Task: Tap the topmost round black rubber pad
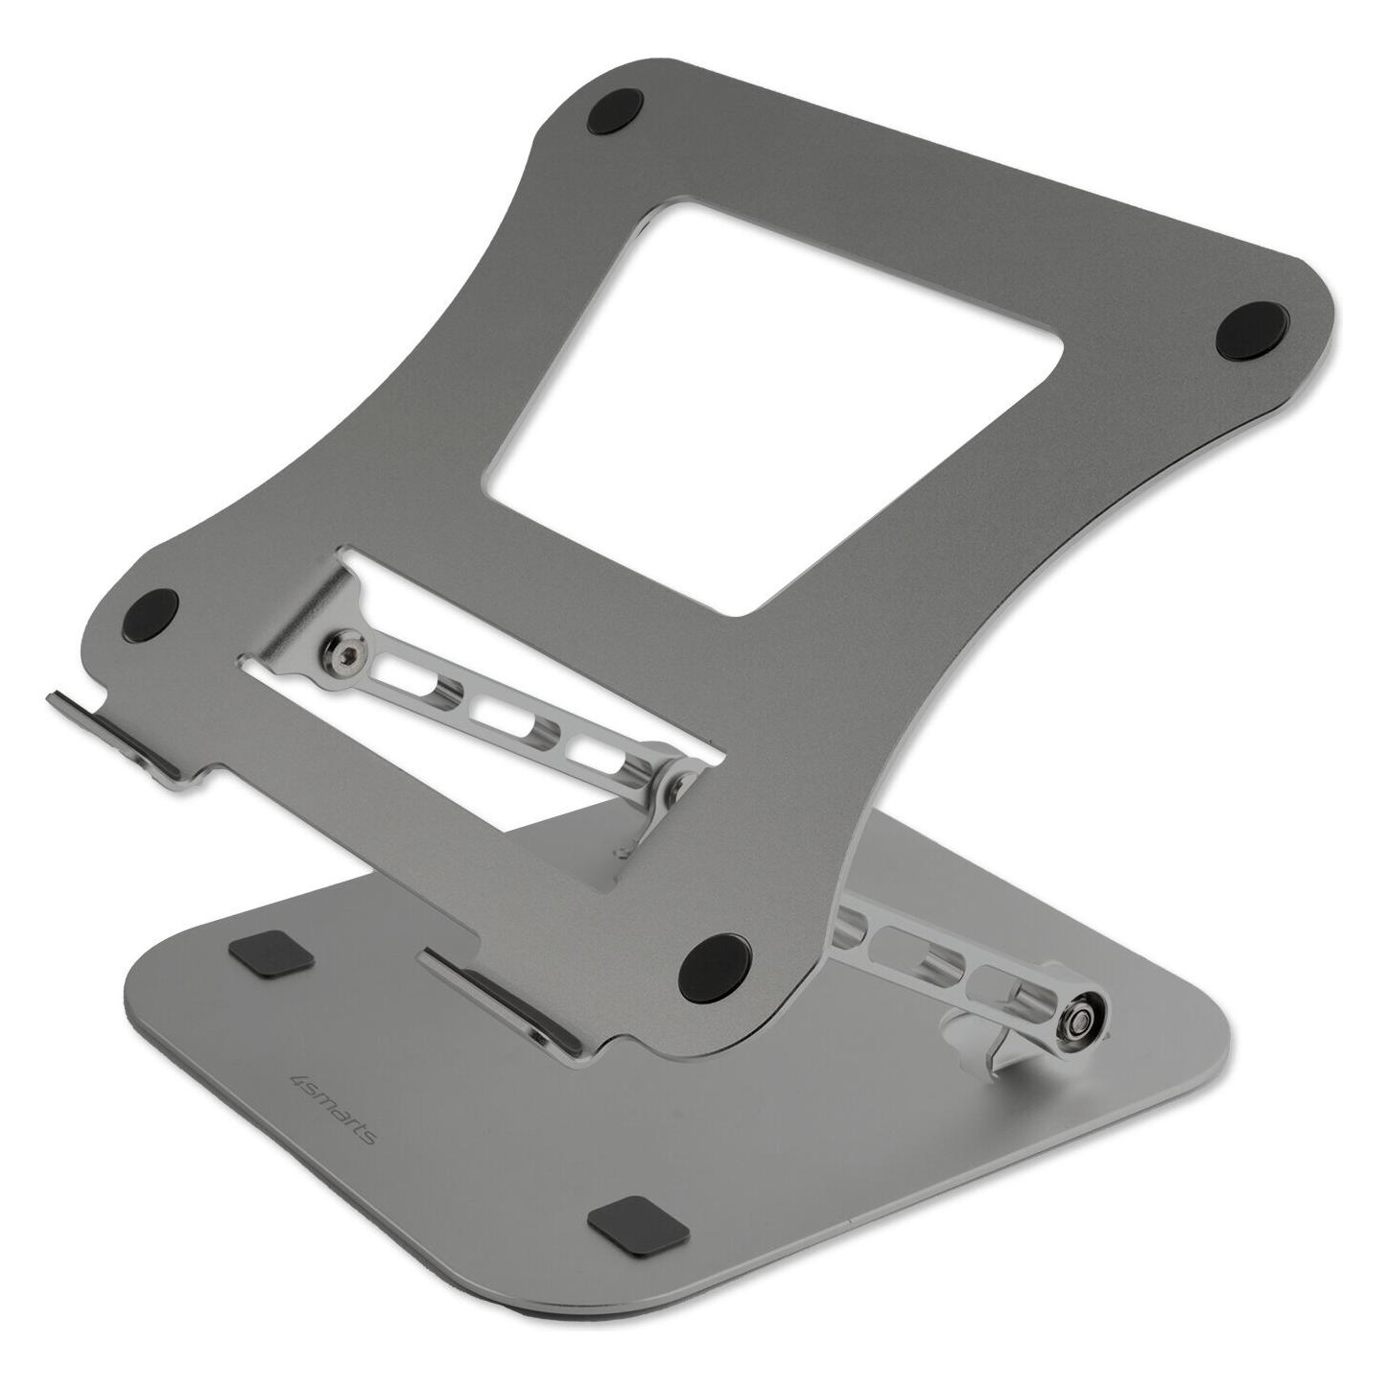(615, 111)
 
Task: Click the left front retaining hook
(129, 720)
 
